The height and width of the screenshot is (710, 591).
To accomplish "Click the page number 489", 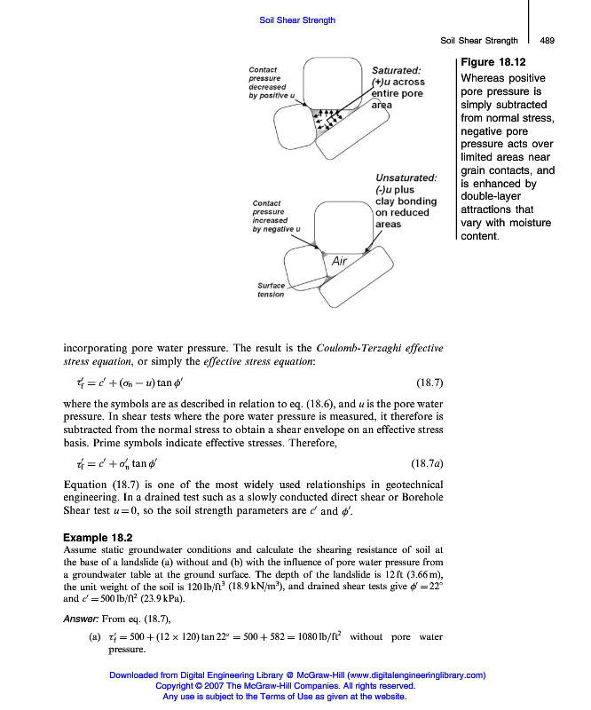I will pos(547,40).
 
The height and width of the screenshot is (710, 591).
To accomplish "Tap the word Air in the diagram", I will pos(339,261).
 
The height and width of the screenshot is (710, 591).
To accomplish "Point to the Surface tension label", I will pos(271,289).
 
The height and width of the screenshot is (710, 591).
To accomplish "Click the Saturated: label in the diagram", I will pos(396,70).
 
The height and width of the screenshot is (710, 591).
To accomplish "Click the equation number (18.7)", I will pos(429,383).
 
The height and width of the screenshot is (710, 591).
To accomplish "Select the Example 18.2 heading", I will pos(98,538).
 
